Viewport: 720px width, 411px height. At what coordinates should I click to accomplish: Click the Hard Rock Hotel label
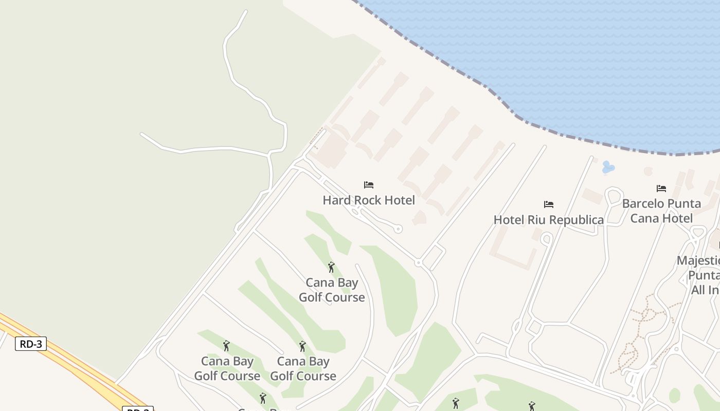pos(369,200)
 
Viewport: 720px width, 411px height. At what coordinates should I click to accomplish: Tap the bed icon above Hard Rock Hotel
pos(369,185)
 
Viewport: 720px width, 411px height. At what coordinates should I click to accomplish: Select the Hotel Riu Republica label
pos(549,220)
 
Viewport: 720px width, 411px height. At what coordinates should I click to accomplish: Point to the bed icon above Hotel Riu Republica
pos(549,204)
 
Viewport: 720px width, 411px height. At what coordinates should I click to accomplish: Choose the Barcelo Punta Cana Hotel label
pos(661,211)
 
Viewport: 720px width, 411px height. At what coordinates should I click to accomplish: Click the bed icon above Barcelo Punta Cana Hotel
pos(661,189)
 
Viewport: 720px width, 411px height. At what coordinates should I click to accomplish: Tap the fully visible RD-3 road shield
pos(31,344)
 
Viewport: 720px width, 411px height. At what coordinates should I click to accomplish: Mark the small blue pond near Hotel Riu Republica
pos(608,167)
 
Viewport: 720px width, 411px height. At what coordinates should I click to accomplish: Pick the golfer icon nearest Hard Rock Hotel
pos(331,267)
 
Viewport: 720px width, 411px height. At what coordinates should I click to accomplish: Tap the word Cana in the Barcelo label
pos(643,218)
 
